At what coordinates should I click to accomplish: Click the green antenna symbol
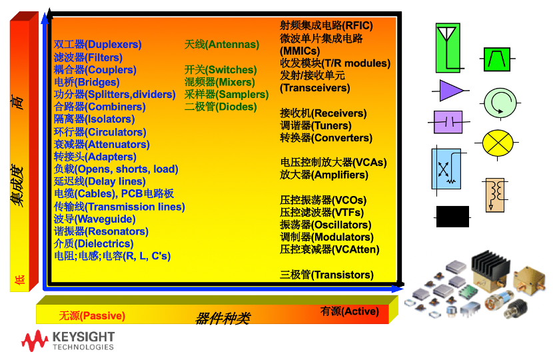pos(448,48)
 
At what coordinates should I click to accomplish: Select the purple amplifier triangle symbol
pos(450,91)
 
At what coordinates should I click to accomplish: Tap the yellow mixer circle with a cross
pos(497,143)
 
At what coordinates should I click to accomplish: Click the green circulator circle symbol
pos(500,103)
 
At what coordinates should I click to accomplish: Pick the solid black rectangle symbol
pos(452,217)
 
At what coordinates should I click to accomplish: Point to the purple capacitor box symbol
pos(448,122)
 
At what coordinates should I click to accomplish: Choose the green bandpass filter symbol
pos(497,59)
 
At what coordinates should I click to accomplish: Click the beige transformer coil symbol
pos(495,195)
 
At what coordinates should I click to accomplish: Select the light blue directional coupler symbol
pos(446,169)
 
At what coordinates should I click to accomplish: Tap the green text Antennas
pos(232,45)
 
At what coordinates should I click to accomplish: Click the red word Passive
pos(103,315)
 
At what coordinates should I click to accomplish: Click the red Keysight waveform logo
pos(35,341)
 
